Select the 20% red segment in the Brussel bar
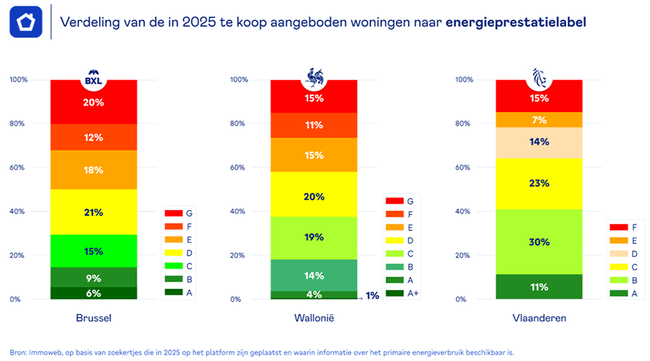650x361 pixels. click(x=93, y=103)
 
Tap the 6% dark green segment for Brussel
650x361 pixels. click(x=93, y=293)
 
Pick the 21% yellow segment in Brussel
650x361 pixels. click(x=93, y=212)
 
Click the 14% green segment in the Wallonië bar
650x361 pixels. click(x=313, y=275)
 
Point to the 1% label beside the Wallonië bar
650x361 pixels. click(x=372, y=295)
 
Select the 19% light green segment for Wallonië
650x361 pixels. click(x=313, y=238)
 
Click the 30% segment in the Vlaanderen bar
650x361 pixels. click(x=539, y=242)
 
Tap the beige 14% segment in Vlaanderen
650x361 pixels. click(x=539, y=142)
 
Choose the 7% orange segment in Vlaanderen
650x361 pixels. click(x=539, y=120)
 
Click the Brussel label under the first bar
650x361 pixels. click(x=93, y=318)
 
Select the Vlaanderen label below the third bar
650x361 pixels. click(x=539, y=318)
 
